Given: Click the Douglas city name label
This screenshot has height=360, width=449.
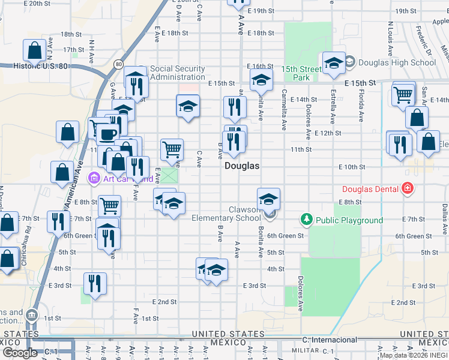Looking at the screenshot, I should click(x=242, y=166).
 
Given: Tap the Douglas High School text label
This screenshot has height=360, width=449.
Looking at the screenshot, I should click(x=397, y=62).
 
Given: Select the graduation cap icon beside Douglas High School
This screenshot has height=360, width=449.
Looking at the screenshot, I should click(x=333, y=63).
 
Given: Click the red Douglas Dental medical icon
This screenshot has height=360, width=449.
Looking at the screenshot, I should click(x=408, y=189).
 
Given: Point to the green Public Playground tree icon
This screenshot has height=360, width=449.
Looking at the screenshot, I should click(x=307, y=220).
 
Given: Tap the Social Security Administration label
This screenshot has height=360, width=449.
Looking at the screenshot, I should click(x=178, y=73).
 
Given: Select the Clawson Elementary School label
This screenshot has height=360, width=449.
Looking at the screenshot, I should click(x=226, y=214).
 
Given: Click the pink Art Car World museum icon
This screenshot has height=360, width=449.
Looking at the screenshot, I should click(x=94, y=178).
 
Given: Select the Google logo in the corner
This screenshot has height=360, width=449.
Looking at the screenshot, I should click(x=20, y=353).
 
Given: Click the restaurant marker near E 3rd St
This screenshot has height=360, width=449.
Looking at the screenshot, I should click(x=95, y=283).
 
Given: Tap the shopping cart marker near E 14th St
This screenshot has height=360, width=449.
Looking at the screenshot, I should click(x=403, y=94).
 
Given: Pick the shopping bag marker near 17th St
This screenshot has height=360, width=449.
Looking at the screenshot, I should click(x=34, y=51).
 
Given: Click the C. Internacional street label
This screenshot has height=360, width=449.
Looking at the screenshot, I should click(x=330, y=340).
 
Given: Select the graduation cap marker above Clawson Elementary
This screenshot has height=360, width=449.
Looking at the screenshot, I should click(x=268, y=199).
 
